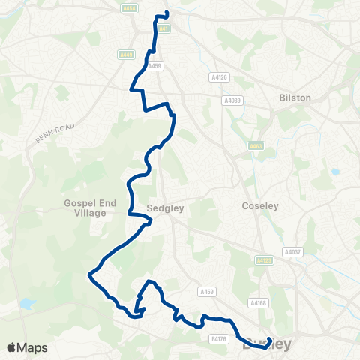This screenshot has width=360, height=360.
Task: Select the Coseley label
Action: (x=260, y=205)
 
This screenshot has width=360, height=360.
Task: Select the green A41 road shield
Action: (x=164, y=28)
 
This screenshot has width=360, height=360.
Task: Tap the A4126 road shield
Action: (x=217, y=76)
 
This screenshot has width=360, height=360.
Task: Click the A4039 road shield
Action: (x=232, y=100)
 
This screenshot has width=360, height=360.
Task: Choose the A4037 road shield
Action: (x=292, y=252)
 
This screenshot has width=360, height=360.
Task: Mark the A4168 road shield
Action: (x=258, y=303)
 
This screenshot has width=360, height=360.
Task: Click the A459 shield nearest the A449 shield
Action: (x=154, y=66)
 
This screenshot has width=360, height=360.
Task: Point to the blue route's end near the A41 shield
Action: (x=166, y=13)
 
